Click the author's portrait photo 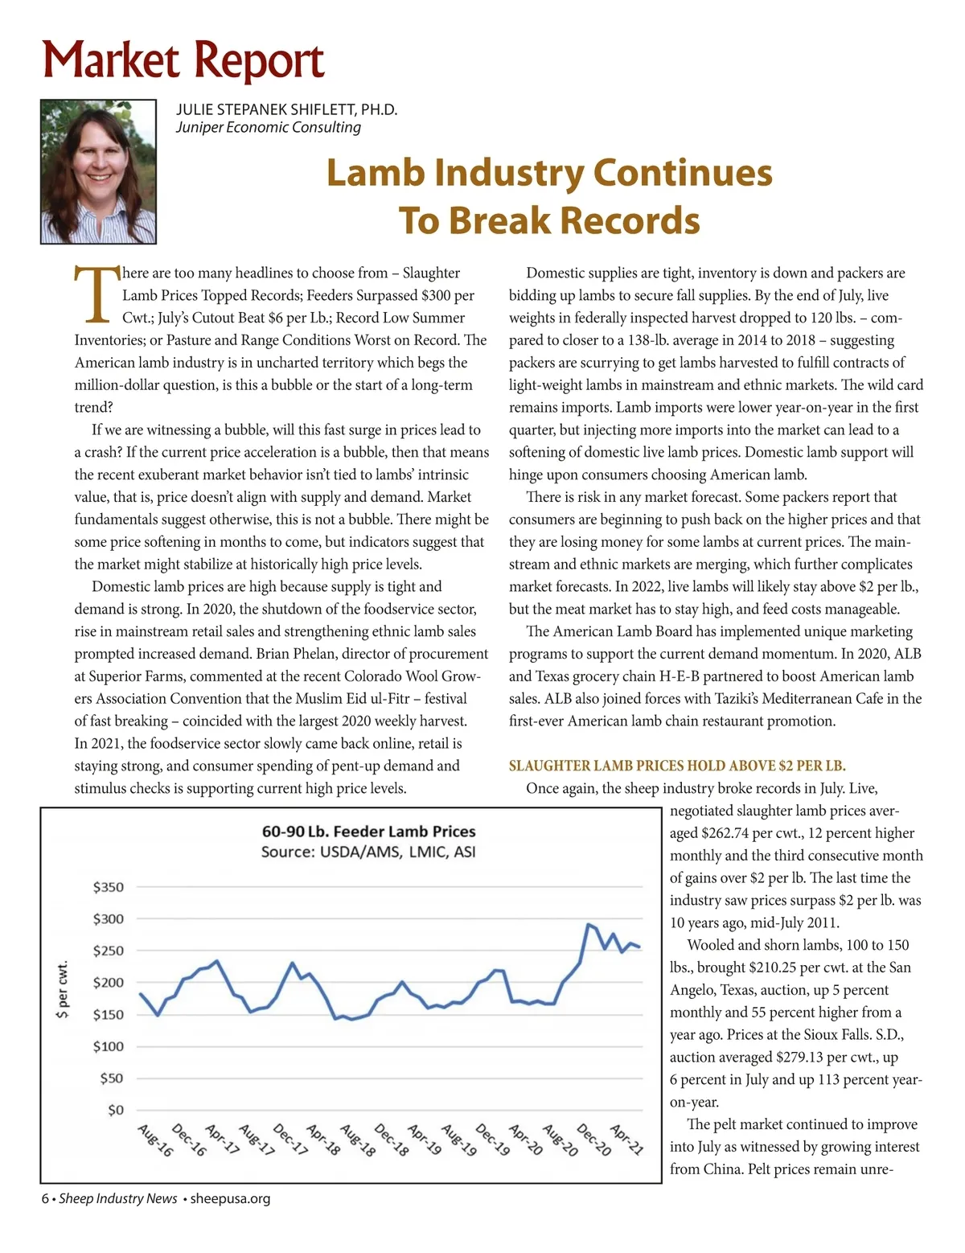tap(98, 171)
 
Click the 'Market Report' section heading tap(183, 61)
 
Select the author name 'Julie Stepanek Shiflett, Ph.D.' tap(286, 109)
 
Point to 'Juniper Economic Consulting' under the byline tap(269, 127)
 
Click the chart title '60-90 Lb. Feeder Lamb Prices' tap(368, 831)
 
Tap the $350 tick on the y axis tap(109, 887)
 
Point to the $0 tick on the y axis tap(116, 1110)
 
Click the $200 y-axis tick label tap(109, 982)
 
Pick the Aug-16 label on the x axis tap(155, 1140)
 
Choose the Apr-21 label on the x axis tap(626, 1140)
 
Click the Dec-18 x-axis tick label tap(392, 1140)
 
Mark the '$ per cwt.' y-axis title tap(62, 988)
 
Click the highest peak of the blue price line tap(589, 925)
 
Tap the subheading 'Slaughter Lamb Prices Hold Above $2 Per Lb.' tap(677, 766)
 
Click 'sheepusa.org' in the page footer tap(230, 1198)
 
